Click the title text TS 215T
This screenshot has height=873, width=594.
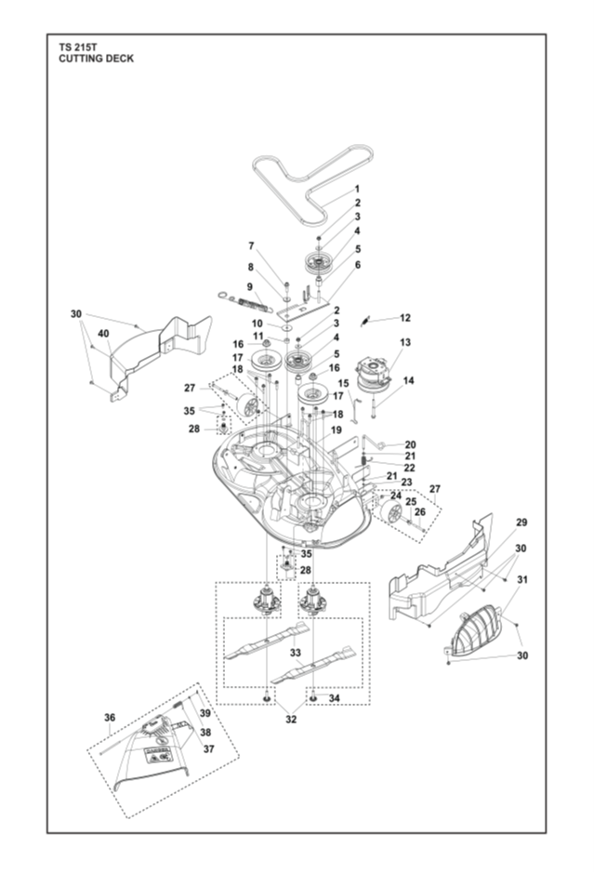click(78, 47)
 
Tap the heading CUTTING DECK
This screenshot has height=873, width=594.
click(97, 59)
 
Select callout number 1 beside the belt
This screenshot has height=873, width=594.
click(357, 190)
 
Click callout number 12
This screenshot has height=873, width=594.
click(404, 318)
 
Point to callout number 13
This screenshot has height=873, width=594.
click(404, 342)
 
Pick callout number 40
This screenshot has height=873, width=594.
click(103, 334)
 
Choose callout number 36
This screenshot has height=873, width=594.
click(110, 718)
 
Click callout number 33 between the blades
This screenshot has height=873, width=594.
click(296, 653)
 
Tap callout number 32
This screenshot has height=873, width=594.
click(291, 719)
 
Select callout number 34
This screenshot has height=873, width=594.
click(334, 698)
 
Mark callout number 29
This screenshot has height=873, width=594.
click(521, 522)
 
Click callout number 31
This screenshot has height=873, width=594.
click(522, 579)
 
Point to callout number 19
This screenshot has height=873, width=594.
click(336, 430)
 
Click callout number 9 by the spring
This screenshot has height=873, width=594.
click(250, 286)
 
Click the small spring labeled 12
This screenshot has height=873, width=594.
click(364, 322)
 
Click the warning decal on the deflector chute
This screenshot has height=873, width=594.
click(157, 755)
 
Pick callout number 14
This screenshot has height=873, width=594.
click(409, 381)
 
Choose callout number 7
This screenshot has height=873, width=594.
click(251, 245)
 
